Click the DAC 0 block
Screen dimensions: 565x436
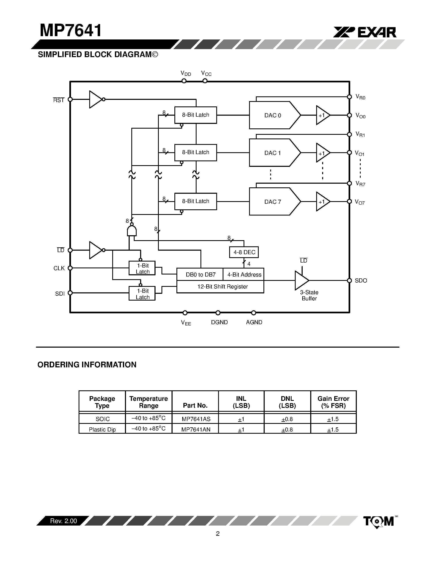(272, 115)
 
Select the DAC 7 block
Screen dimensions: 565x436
(272, 202)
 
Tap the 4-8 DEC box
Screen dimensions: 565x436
(244, 252)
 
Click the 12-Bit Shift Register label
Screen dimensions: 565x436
(222, 287)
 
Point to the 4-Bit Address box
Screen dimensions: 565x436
(244, 274)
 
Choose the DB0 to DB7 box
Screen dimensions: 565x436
(200, 274)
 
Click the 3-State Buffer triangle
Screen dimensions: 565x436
(301, 280)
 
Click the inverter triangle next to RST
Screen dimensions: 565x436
(95, 99)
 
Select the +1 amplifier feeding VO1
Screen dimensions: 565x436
(322, 153)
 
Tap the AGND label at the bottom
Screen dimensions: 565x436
(254, 322)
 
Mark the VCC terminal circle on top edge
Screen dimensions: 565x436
(205, 81)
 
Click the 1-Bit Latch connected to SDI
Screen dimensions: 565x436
(142, 293)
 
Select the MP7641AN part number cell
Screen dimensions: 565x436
(196, 429)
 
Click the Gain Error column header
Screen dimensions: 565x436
(333, 402)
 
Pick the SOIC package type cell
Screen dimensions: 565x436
(103, 419)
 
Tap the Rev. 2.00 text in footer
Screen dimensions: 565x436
(63, 521)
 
